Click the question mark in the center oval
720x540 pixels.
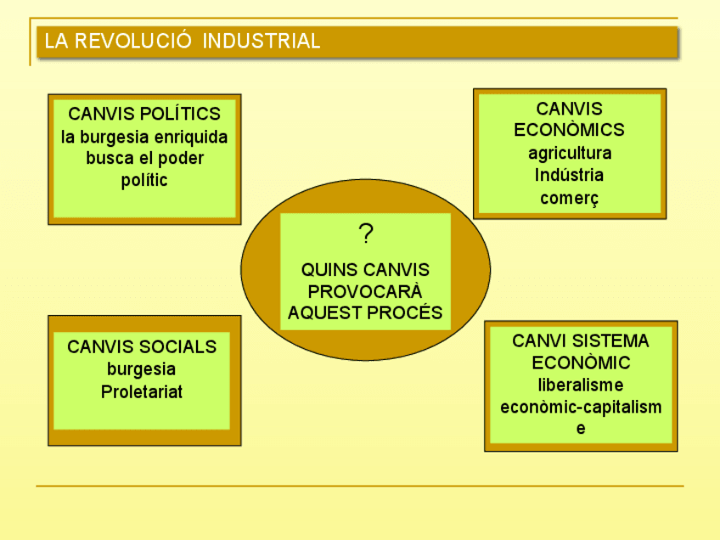tap(366, 233)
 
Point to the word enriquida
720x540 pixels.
tap(192, 137)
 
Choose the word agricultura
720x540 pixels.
tap(570, 154)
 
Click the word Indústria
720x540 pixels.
tap(570, 176)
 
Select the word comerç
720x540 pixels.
tap(570, 199)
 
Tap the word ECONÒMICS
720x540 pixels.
tap(570, 130)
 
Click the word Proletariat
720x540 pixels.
tap(142, 392)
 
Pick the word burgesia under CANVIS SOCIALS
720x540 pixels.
tap(142, 369)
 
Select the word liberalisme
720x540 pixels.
tap(581, 385)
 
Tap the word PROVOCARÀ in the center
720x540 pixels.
tap(365, 291)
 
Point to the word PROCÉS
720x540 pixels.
tap(408, 312)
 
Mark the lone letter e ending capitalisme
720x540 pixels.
tap(581, 429)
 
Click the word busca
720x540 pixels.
tap(109, 159)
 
